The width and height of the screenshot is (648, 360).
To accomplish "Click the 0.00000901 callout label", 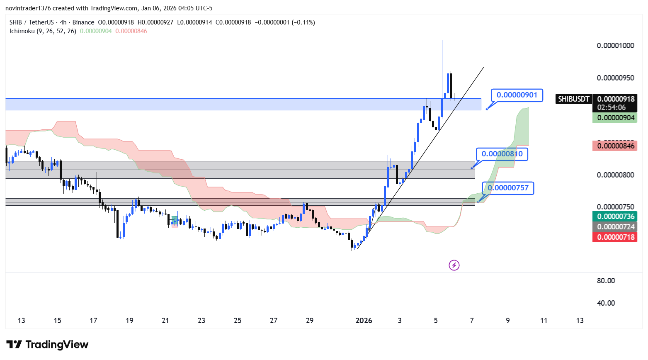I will pos(517,95).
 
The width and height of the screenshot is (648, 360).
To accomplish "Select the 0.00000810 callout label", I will pos(502,154).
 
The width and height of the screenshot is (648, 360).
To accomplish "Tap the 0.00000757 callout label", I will pos(508,188).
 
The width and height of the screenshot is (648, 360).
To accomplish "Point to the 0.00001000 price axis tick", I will pos(615,46).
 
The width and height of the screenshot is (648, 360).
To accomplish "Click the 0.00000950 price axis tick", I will pos(615,78).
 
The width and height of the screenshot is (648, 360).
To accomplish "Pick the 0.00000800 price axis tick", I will pos(615,175).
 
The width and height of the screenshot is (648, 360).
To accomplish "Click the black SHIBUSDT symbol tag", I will pos(573,99).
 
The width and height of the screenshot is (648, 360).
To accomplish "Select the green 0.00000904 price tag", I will pos(615,118).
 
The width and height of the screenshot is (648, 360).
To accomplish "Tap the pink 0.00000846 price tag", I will pos(615,146).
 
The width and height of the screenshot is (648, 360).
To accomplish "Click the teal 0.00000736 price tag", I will pos(615,216).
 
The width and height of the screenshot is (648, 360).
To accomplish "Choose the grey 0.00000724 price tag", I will pos(615,227).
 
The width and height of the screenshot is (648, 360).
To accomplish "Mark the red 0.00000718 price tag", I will pos(615,237).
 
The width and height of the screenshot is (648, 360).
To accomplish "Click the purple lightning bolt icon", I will pos(454,265).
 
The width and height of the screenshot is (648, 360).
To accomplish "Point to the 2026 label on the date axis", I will pos(364,321).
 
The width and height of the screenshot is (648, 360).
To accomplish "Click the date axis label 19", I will pos(129,321).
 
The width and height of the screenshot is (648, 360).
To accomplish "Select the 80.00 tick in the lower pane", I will pos(606,281).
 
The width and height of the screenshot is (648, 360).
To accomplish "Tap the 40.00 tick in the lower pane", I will pos(606,303).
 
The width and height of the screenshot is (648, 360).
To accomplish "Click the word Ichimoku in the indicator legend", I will pos(22,31).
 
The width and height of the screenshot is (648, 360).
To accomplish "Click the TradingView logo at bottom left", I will pos(47,345).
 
